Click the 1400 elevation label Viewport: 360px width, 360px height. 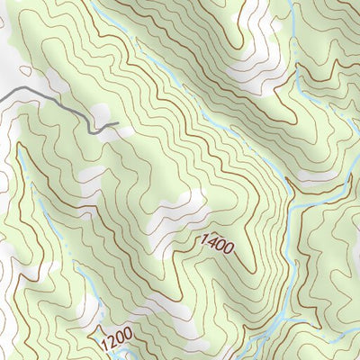point(216,242)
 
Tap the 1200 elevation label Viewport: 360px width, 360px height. point(117,338)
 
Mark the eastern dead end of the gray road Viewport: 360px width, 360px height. point(118,123)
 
